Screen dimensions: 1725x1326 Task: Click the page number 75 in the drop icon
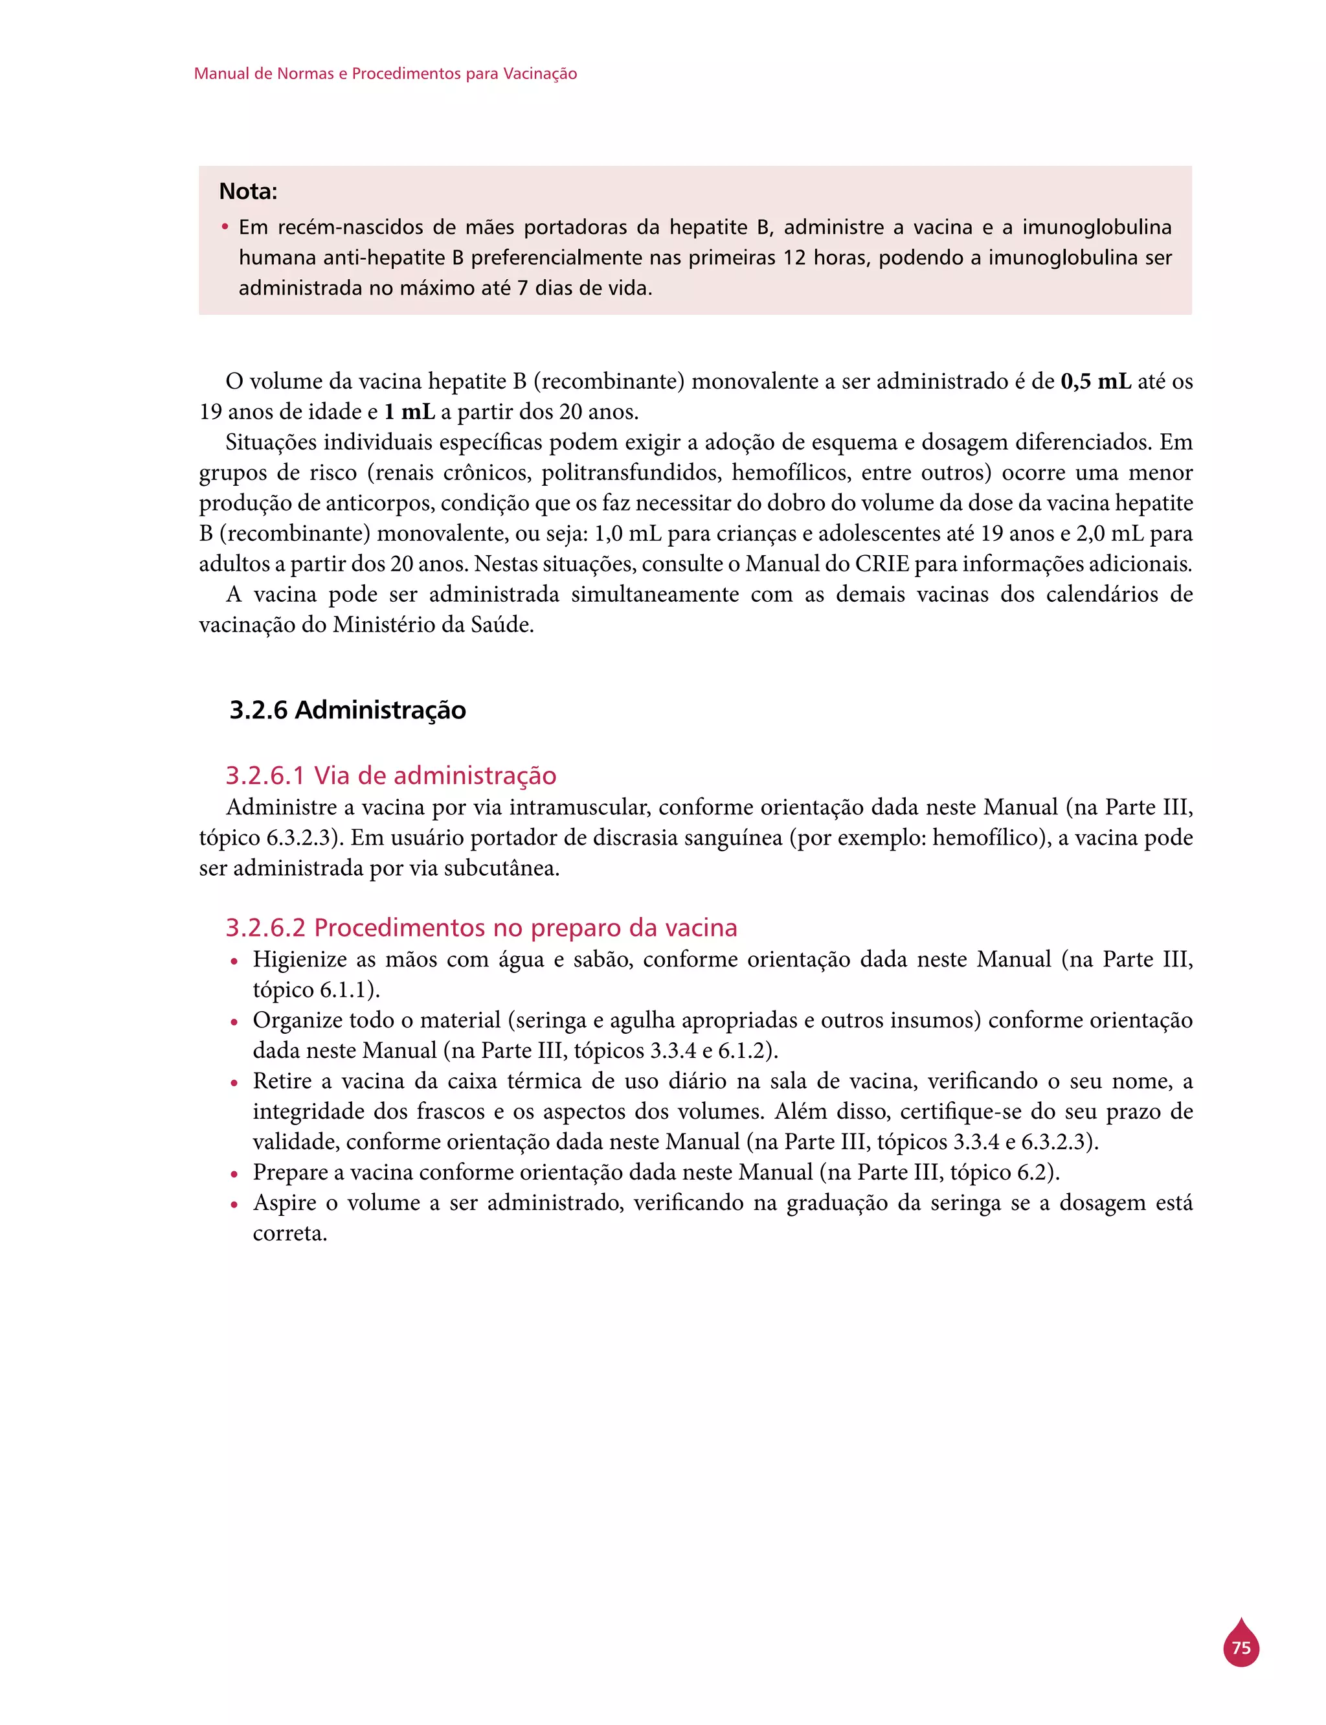pos(1241,1649)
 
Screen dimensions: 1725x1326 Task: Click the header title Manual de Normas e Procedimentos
pos(385,73)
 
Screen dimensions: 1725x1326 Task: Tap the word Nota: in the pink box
pos(248,192)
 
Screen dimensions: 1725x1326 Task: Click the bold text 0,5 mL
pos(1096,382)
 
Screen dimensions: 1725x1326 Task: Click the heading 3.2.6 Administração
pos(347,710)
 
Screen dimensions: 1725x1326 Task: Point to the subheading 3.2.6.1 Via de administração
pos(390,775)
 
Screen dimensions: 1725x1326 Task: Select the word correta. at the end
pos(289,1233)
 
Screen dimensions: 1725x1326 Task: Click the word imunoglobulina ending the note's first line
pos(1096,227)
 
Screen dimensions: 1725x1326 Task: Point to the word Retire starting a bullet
pos(281,1080)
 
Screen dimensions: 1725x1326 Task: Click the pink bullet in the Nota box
pos(225,228)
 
